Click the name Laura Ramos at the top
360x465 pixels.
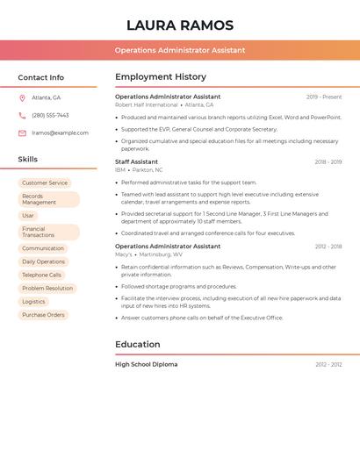[180, 25]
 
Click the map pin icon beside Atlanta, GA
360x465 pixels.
[22, 97]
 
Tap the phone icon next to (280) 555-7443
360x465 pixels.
[22, 115]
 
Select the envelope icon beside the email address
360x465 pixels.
[22, 132]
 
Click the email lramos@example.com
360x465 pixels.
[60, 132]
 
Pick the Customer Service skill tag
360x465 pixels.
[45, 183]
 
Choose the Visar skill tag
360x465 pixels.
[28, 215]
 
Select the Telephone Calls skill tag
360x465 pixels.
[41, 275]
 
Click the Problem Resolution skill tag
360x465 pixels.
[47, 288]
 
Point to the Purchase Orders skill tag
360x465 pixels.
[43, 314]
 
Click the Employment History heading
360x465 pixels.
[160, 77]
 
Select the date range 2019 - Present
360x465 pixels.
[324, 97]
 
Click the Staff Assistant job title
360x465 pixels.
[136, 161]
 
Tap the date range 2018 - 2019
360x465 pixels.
[328, 161]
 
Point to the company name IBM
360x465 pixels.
[120, 169]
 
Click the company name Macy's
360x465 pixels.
[124, 254]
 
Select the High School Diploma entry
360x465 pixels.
[146, 364]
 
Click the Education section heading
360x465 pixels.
[137, 345]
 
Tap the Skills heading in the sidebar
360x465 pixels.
[28, 159]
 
